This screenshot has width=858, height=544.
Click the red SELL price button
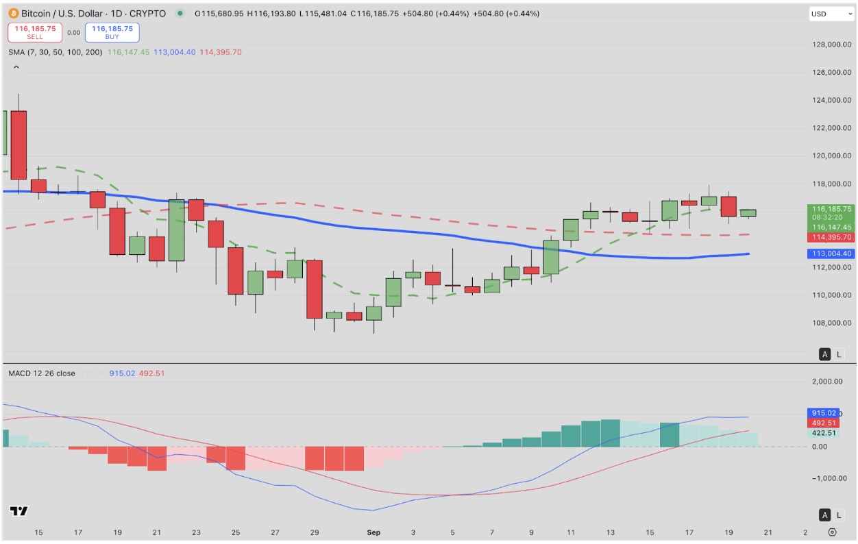coord(35,32)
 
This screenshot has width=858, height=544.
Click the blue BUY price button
coord(112,32)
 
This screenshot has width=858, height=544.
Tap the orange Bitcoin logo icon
coord(12,14)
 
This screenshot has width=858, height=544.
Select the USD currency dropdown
coord(831,14)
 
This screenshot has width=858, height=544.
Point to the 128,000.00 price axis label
coord(831,45)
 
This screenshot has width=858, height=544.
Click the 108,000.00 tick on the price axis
coord(831,323)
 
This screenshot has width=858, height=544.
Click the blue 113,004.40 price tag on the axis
coord(831,254)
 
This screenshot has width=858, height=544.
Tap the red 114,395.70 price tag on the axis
coord(831,237)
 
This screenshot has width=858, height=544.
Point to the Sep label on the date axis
coord(373,532)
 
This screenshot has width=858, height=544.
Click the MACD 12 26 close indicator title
coord(41,373)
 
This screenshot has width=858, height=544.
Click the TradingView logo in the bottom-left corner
coord(19,511)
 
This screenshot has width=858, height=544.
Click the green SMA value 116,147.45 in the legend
coord(128,52)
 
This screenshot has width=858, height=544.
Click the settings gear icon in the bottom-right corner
coord(832,532)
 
